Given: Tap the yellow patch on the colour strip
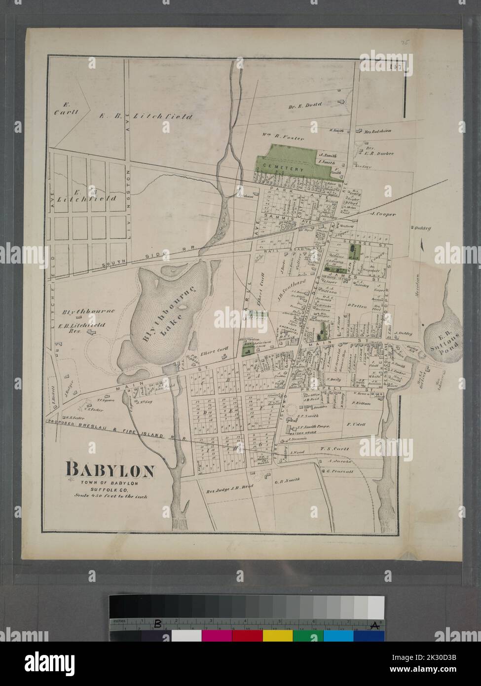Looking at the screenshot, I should pyautogui.click(x=277, y=636).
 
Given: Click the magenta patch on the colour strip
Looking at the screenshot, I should pyautogui.click(x=216, y=636).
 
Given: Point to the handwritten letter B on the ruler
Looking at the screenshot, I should pyautogui.click(x=158, y=623).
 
